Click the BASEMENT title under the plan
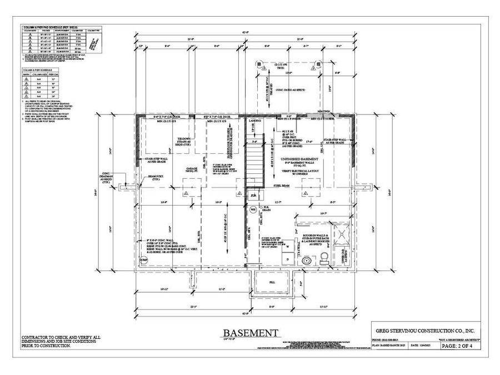coord(251,333)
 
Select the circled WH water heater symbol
coord(253,209)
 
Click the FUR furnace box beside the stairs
coord(254,196)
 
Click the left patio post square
coord(259,63)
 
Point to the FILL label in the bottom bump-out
coord(272,283)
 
